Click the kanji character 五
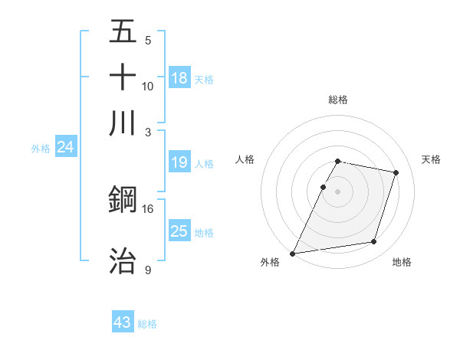tap(123, 33)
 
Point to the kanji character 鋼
tap(123, 200)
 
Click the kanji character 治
tap(123, 260)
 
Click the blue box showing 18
tap(179, 77)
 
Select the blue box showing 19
tap(179, 162)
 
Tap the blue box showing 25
tap(179, 231)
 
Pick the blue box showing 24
tap(65, 148)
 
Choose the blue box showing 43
tap(123, 322)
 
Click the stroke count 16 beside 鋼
tap(147, 208)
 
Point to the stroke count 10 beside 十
tap(147, 86)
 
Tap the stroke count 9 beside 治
tap(147, 270)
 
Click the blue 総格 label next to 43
tap(147, 324)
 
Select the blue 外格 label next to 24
tap(41, 149)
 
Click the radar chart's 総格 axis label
tap(337, 100)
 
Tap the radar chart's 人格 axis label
tap(245, 159)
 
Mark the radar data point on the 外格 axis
tap(293, 253)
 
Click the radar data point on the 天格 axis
tap(396, 172)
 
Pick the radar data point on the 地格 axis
tap(374, 242)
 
